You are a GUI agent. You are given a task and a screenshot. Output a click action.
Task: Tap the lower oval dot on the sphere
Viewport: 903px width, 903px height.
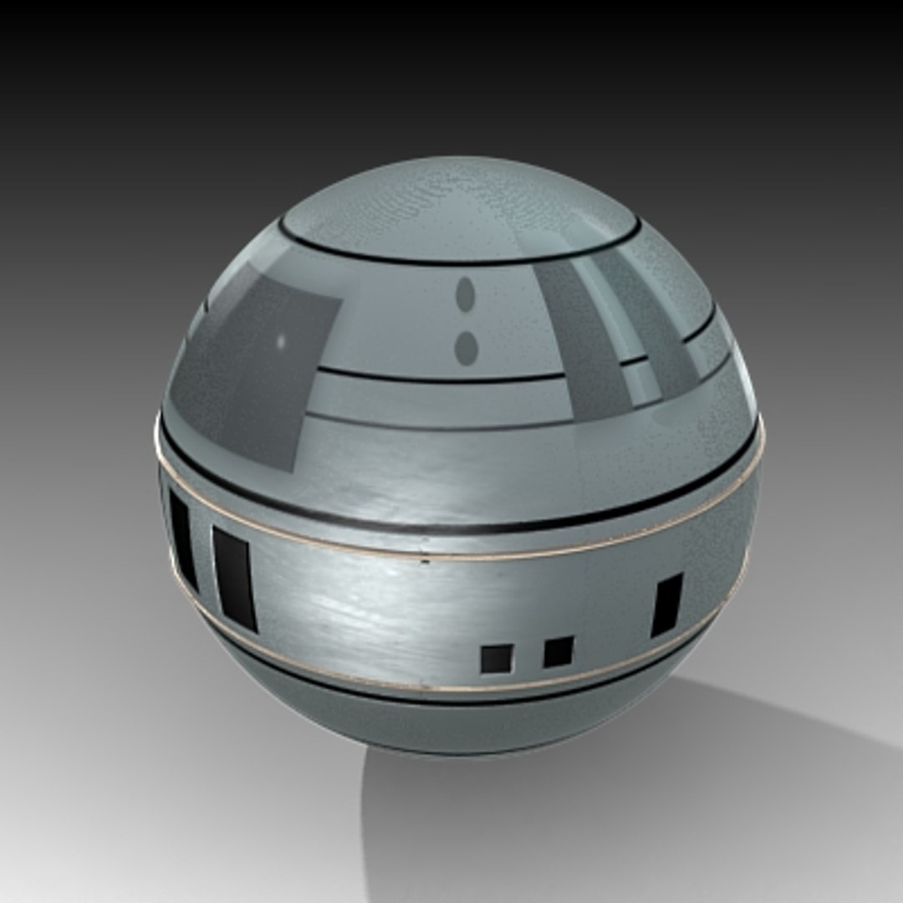tap(466, 347)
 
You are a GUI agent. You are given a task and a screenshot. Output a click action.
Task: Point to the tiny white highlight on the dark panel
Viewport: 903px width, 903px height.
tap(281, 341)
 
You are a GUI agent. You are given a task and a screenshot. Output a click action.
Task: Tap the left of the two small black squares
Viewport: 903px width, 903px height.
tap(496, 658)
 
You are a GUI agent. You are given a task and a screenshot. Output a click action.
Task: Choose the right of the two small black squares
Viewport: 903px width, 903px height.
tap(558, 651)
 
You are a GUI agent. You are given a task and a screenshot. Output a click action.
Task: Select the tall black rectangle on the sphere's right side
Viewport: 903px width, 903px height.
tap(667, 605)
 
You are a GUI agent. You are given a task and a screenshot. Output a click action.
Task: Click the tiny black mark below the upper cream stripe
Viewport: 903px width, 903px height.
tap(426, 562)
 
